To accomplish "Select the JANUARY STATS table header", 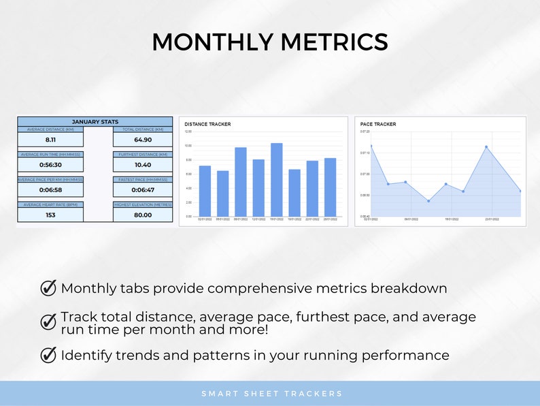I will point(95,122).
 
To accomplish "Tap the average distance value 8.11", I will point(50,139).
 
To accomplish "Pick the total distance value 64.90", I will point(143,139).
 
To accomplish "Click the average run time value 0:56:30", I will point(50,164).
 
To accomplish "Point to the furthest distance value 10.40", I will point(143,164).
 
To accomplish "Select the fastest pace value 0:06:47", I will point(143,189).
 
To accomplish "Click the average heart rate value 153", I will point(50,215).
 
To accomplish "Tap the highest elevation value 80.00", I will point(143,215).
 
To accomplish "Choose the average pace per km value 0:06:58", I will point(50,189).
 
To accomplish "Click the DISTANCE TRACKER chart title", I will point(207,124).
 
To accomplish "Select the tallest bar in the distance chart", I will point(276,180).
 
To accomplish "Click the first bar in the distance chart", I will point(205,191).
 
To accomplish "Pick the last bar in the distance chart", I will point(330,187).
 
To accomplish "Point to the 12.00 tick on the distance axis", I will point(188,131).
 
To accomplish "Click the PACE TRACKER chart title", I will point(378,124).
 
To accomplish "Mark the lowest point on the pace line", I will point(428,200).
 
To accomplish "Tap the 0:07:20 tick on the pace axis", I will point(365,131).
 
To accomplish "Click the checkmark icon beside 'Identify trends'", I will point(48,355).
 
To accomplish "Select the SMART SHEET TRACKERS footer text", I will point(272,394).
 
